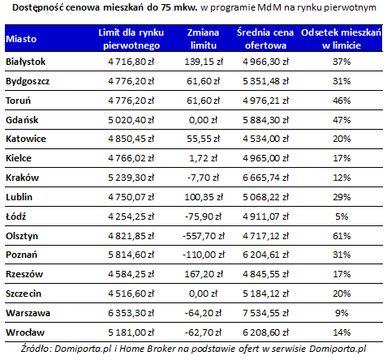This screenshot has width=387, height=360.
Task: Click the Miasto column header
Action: (x=21, y=39)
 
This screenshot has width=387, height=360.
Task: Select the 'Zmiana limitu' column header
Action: (x=204, y=39)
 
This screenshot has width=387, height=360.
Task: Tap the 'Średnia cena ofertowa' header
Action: (x=265, y=39)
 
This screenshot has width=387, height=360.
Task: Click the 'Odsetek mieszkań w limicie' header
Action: (x=342, y=39)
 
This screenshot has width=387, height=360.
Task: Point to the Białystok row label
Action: (x=26, y=62)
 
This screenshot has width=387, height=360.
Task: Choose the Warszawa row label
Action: (x=28, y=313)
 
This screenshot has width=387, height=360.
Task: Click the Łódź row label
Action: (x=16, y=216)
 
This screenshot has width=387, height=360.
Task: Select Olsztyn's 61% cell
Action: (x=342, y=236)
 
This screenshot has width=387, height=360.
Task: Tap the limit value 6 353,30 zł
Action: (x=131, y=313)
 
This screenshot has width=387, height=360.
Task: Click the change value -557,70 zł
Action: (x=204, y=236)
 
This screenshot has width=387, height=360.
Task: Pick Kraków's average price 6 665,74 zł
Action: (x=265, y=178)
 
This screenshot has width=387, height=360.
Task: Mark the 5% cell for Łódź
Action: (x=342, y=216)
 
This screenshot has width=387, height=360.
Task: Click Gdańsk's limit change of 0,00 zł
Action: (x=204, y=120)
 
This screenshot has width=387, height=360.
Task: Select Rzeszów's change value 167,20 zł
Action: (x=204, y=274)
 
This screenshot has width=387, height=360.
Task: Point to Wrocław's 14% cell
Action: (x=342, y=332)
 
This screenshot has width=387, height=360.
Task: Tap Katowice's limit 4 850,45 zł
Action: (x=131, y=139)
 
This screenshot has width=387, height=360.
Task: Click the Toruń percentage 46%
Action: (x=342, y=101)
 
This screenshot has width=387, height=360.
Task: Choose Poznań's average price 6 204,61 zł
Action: (x=265, y=255)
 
